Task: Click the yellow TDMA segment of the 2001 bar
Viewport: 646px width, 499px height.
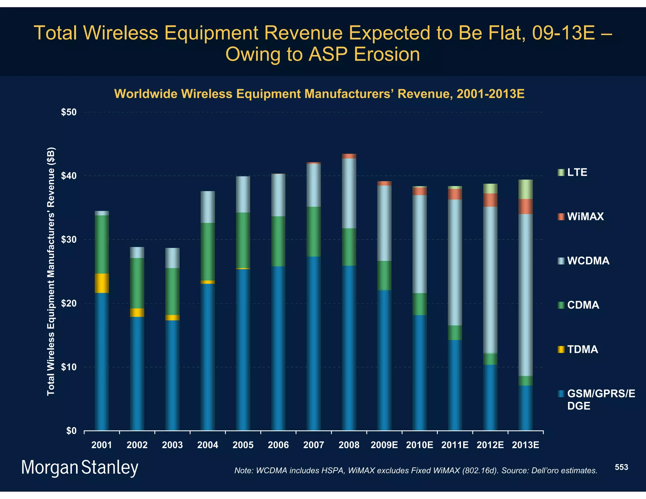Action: (102, 283)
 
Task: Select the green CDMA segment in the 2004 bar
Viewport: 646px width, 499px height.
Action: (208, 251)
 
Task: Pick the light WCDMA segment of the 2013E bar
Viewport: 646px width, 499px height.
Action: (526, 295)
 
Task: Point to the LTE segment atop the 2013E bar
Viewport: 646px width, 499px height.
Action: (526, 189)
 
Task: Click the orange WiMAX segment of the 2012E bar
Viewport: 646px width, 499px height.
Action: (490, 200)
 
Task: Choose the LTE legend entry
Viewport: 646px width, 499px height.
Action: (577, 172)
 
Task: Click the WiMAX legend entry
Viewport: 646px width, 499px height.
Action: (585, 216)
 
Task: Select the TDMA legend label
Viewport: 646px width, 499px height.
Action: (582, 349)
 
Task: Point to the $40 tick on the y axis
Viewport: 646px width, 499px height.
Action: (69, 176)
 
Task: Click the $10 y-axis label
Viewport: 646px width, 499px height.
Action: (69, 367)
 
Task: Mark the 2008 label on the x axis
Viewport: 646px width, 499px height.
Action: (349, 445)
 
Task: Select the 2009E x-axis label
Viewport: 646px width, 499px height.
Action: (384, 445)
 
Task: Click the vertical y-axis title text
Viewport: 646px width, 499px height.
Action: (51, 271)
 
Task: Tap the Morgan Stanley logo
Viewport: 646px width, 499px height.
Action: (79, 467)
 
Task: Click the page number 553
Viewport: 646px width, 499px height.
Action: (621, 467)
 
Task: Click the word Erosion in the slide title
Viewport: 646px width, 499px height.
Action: (387, 54)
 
